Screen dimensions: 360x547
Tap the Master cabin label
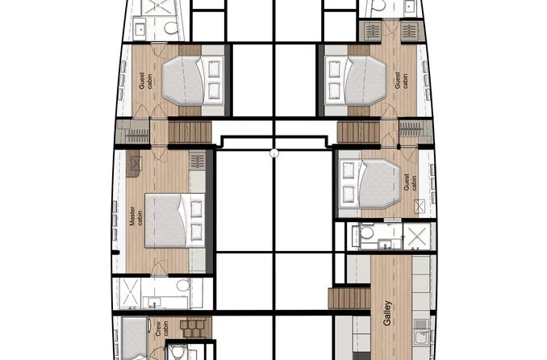(136, 221)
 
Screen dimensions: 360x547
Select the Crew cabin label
(158, 329)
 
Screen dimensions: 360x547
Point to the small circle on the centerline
(273, 153)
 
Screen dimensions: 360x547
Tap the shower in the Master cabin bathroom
(130, 291)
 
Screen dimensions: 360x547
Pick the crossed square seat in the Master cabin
(134, 165)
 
